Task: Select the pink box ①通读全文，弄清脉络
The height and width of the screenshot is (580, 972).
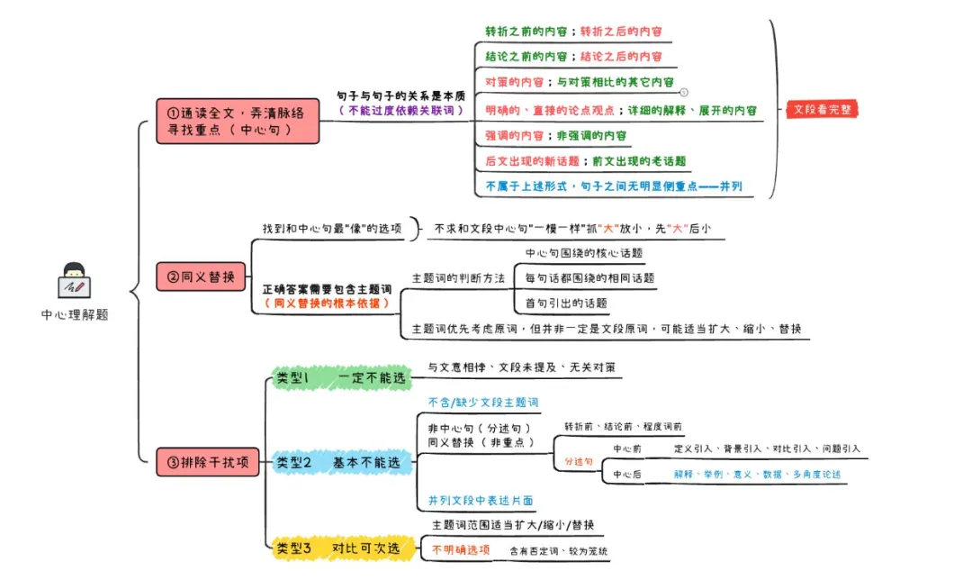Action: click(238, 121)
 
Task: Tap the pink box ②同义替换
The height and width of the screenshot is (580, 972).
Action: click(201, 276)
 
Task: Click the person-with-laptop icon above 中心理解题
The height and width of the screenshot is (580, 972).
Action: click(74, 281)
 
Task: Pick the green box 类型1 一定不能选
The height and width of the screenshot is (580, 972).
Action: click(341, 379)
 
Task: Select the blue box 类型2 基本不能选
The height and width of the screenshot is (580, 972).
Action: click(342, 462)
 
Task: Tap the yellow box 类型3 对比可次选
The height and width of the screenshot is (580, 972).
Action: click(343, 548)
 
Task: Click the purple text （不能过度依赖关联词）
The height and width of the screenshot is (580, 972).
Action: click(400, 111)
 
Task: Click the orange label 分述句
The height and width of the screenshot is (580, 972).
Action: click(579, 460)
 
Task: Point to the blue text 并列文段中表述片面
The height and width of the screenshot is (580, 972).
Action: click(481, 501)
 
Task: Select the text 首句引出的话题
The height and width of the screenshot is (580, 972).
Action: click(566, 302)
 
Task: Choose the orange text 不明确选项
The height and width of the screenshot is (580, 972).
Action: click(460, 548)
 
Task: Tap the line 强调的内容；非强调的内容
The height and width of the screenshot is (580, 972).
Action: click(555, 135)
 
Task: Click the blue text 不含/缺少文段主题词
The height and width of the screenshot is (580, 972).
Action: click(483, 402)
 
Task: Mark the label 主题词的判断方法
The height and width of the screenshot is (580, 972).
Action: click(457, 277)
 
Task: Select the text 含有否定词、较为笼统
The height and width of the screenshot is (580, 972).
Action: click(563, 550)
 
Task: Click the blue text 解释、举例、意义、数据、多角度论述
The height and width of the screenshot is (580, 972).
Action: click(758, 474)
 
